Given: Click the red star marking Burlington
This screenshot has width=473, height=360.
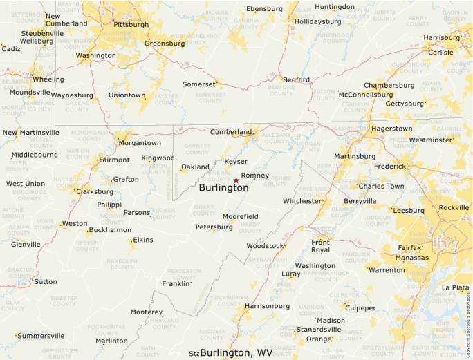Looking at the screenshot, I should coord(236,180).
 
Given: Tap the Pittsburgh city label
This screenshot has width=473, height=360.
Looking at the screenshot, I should coord(131,24).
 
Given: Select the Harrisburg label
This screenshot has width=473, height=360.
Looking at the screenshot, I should coord(442,37).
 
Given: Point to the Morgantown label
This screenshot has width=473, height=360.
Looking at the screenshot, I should coord(140,143).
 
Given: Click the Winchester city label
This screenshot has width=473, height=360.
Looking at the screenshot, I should coord(302,202).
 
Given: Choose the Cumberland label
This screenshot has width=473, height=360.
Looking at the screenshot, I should coord(231,132).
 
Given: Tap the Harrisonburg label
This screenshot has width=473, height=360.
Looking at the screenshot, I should coord(266,305).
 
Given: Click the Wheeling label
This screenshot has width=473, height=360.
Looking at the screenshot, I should coord(48,79).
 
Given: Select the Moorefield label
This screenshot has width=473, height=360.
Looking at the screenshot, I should coord(240,216).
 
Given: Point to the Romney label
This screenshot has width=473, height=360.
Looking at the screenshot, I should coord(254,176).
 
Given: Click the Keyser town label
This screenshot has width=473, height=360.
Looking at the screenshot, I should coord(236,162).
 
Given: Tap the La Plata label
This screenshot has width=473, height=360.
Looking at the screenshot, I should coord(456,287).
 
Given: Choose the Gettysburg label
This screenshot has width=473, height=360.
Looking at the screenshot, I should coord(404,104).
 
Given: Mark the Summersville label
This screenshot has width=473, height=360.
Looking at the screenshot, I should coord(41,336).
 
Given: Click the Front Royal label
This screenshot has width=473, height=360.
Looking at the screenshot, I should coord(321,246).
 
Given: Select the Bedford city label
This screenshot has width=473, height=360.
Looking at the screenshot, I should coord(296,79).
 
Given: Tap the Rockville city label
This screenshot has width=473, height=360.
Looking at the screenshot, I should coord(453,207).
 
